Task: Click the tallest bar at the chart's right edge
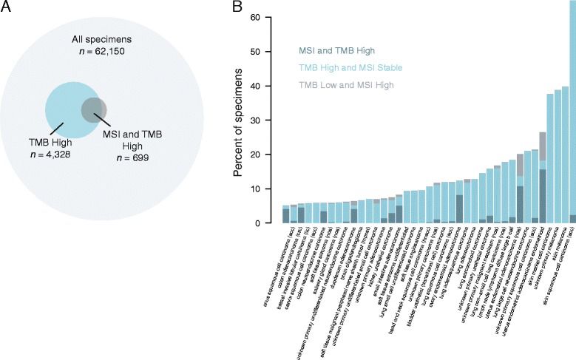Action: (x=572, y=111)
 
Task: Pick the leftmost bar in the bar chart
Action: (x=286, y=214)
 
